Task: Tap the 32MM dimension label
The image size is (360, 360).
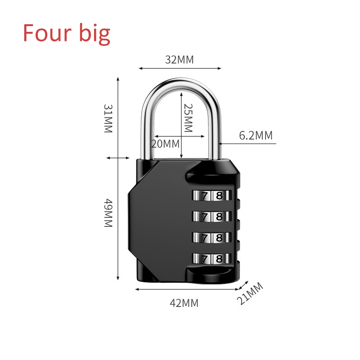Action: [179, 59]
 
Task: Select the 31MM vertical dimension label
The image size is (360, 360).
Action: [108, 118]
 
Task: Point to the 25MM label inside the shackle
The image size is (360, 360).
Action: [188, 118]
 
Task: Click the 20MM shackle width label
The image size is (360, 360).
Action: [165, 144]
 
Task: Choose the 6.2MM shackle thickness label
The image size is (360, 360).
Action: [256, 135]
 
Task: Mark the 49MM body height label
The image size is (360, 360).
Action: [108, 213]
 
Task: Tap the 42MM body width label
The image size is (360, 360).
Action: [184, 303]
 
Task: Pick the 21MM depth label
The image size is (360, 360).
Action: [250, 294]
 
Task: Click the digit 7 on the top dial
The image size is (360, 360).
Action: [205, 196]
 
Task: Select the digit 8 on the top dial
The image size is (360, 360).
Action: [219, 196]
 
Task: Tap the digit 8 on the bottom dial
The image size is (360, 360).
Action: [219, 258]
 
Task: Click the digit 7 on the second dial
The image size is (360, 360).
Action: [205, 216]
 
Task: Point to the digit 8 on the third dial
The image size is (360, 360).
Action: [219, 237]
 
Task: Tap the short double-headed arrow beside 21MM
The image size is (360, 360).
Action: [243, 285]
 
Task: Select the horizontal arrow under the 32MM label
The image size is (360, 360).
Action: [180, 68]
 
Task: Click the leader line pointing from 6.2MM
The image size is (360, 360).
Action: [247, 144]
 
